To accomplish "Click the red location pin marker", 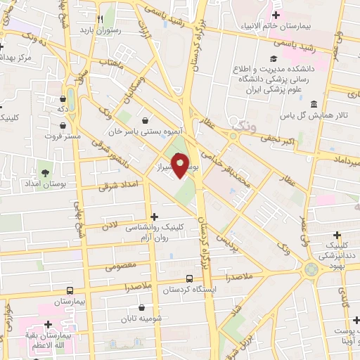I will (181, 166).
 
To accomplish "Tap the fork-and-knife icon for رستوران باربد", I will (101, 19).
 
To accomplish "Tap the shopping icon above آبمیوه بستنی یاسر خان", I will (145, 119).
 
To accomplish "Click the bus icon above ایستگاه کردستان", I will (188, 278).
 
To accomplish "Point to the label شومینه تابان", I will (138, 318).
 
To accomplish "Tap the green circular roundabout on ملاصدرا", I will (309, 269).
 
